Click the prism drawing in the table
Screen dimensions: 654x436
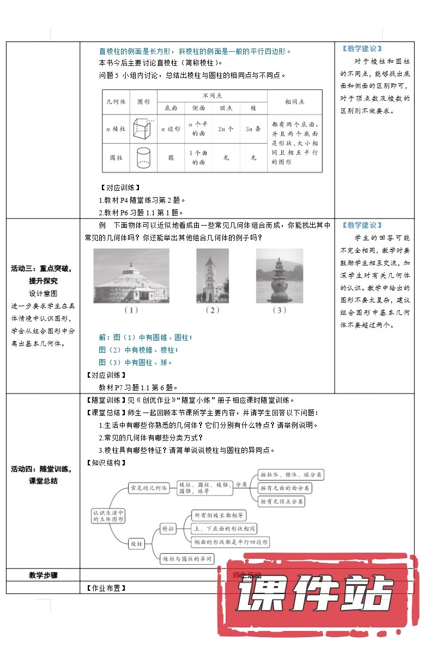[x=143, y=129]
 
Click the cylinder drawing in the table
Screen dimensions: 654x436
[x=143, y=158]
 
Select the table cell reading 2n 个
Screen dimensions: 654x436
[x=226, y=129]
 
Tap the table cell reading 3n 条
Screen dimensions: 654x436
[x=253, y=129]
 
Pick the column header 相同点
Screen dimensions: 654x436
[x=295, y=101]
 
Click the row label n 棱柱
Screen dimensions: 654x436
[x=116, y=129]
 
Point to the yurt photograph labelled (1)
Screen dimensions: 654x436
[x=131, y=276]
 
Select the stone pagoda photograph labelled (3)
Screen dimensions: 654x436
[x=279, y=276]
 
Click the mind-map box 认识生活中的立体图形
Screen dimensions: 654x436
[x=109, y=516]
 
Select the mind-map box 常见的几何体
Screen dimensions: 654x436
[x=148, y=488]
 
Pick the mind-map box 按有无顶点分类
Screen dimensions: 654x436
[x=282, y=501]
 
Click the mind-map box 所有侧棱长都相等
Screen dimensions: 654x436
[x=219, y=514]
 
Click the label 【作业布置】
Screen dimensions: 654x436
[x=106, y=588]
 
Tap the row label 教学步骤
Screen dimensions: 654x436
[x=43, y=575]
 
